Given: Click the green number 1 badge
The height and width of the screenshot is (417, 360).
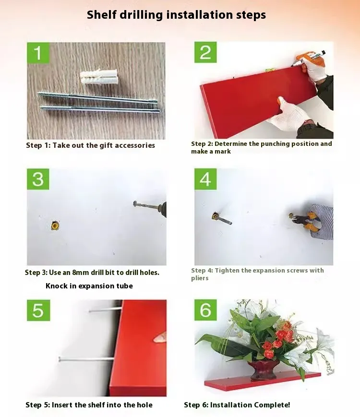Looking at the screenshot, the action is point(38,53).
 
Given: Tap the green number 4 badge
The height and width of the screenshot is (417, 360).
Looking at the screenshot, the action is point(205,179).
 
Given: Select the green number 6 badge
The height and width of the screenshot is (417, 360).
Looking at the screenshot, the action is point(205,310).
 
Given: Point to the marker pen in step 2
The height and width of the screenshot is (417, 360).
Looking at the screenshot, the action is point(309,59).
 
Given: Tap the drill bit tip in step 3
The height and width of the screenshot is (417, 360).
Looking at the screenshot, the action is point(134,204).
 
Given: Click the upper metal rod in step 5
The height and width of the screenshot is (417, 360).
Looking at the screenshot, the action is point(106,310).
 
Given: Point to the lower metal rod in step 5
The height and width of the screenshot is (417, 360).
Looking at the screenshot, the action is point(86,359).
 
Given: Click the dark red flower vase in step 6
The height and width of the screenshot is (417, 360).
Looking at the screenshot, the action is point(263,369).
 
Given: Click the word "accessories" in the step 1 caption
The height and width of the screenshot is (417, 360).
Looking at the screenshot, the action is point(135,145).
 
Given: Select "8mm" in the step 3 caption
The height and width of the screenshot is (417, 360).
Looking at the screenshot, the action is point(81,273).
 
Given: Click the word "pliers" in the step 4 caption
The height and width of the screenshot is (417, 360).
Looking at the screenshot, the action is point(200,278).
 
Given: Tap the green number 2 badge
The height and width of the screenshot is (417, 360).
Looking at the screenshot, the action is point(205,52).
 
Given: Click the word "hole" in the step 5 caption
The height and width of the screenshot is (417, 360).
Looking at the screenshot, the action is point(145,405).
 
